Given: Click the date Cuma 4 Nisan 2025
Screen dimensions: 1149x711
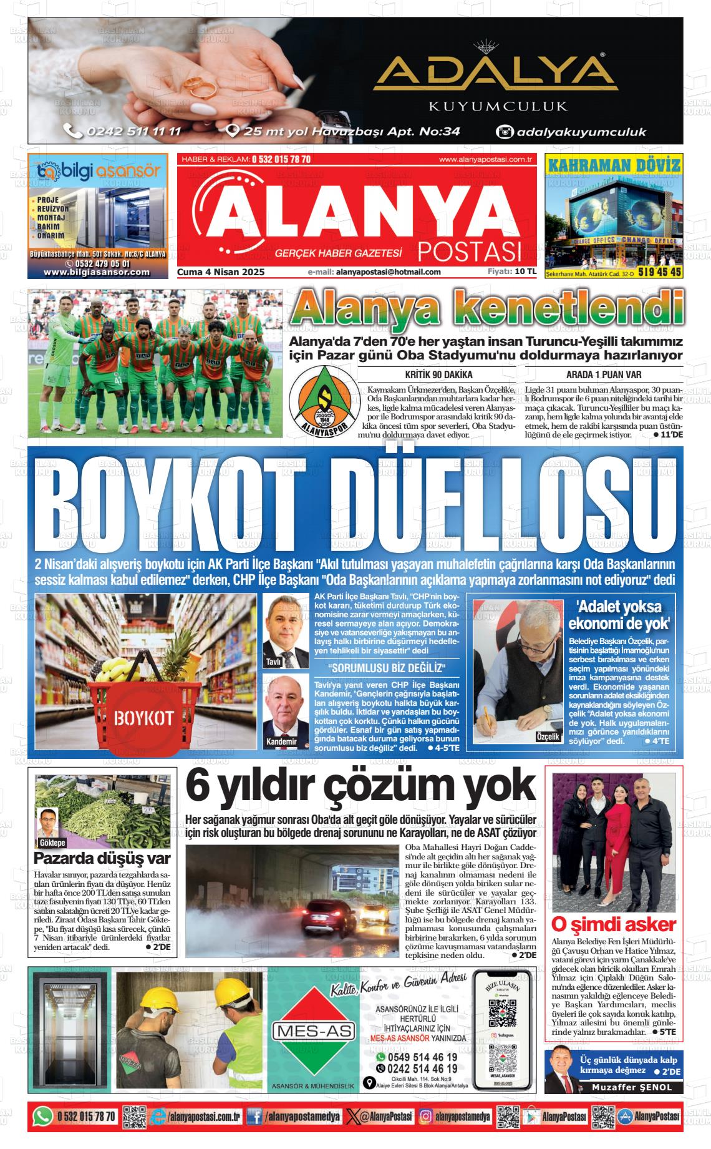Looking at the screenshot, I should (x=221, y=271).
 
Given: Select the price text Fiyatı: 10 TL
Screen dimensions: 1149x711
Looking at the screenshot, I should (x=511, y=271).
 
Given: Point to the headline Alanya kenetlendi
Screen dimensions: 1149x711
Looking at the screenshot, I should (x=488, y=310).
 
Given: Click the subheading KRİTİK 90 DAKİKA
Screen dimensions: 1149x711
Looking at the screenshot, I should (x=438, y=374).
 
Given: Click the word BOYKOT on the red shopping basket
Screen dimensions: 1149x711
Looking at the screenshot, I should (x=143, y=718).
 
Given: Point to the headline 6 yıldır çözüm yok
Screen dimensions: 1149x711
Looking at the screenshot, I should (x=360, y=786).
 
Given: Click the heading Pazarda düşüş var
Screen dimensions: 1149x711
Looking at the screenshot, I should (x=102, y=858).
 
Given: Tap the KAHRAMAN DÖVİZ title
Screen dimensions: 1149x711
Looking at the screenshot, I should (x=614, y=165).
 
